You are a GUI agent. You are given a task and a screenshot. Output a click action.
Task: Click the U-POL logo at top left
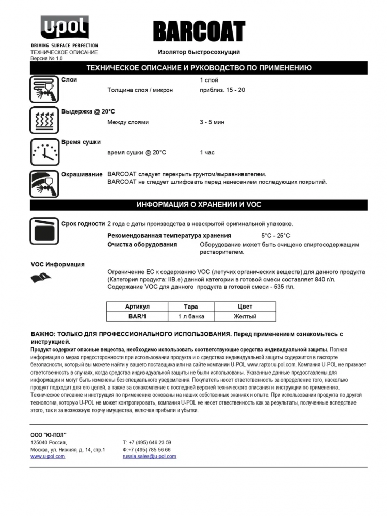[64, 28]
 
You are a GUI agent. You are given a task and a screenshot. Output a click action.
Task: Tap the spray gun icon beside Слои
[44, 89]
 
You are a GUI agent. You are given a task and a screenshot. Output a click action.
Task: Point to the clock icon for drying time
[44, 151]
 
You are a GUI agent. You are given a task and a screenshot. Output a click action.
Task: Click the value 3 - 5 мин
[212, 122]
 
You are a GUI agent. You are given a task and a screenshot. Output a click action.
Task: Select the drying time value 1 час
[207, 152]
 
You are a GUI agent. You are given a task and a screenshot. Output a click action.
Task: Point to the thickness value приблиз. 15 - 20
[222, 90]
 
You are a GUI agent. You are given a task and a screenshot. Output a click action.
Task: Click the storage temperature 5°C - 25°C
[276, 235]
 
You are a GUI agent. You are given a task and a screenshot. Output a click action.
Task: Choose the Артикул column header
[137, 307]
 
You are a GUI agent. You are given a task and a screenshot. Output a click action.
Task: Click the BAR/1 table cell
[137, 316]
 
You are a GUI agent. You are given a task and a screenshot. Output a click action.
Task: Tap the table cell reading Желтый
[245, 316]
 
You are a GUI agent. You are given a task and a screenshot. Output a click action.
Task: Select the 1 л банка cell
[191, 316]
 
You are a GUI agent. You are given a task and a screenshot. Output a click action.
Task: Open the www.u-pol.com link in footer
[47, 456]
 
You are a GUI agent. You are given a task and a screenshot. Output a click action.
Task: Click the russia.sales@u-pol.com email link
[149, 456]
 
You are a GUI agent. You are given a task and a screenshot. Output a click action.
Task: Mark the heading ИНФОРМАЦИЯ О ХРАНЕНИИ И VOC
[199, 205]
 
